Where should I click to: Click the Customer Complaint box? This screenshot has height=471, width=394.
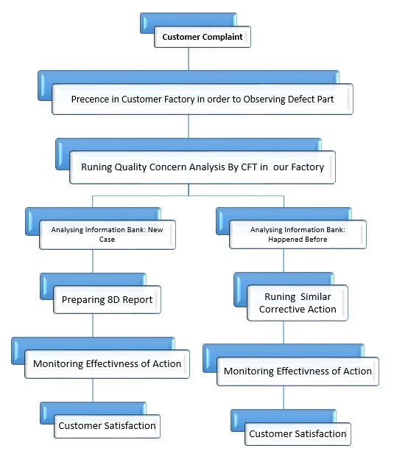point(203,37)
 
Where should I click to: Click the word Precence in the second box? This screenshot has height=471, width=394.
point(90,99)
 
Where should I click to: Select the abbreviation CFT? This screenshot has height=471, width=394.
point(249,167)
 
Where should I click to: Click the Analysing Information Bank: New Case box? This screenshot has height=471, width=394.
point(108,234)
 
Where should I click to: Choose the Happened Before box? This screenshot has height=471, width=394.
point(298,234)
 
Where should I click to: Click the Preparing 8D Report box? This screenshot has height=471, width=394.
point(107,300)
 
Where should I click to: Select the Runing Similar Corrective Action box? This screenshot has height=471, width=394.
point(298,303)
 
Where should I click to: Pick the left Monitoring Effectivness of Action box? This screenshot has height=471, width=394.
point(107,364)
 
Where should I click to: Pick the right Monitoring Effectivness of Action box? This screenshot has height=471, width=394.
point(298,371)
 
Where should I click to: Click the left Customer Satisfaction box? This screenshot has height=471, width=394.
point(107,426)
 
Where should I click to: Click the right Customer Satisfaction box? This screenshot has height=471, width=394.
point(298,433)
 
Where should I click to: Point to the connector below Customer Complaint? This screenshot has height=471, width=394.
point(189,59)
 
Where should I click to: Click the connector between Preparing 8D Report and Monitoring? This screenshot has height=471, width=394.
point(93,325)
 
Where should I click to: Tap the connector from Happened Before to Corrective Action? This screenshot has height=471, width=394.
point(284,260)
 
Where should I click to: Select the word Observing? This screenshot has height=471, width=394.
point(264,100)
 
